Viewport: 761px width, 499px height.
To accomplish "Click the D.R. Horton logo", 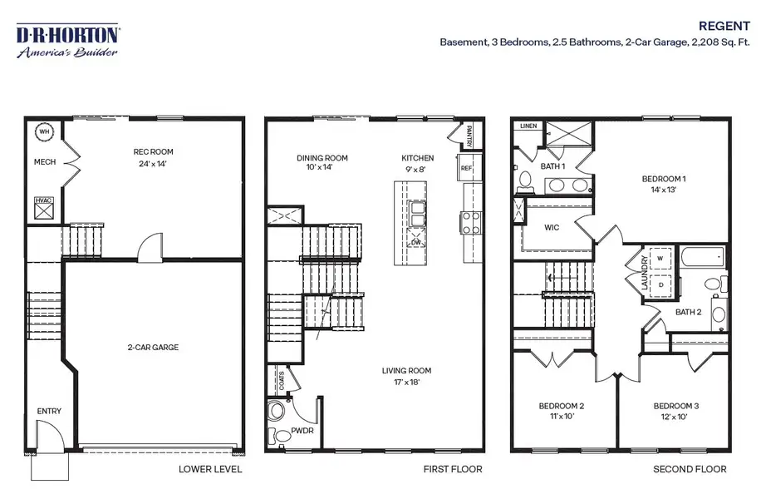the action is click(x=67, y=41).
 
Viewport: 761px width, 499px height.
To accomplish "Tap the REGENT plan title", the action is click(x=724, y=26).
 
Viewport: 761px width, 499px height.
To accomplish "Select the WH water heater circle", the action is click(x=44, y=131).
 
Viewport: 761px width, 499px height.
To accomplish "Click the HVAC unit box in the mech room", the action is click(x=44, y=209).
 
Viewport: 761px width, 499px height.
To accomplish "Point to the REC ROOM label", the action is click(x=154, y=151).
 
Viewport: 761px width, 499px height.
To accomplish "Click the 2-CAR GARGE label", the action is click(x=153, y=347).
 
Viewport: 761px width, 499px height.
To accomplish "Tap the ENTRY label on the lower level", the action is click(x=49, y=411).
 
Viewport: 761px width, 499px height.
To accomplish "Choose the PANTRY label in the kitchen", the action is click(x=469, y=136).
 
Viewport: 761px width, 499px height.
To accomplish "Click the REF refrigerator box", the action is click(x=466, y=167).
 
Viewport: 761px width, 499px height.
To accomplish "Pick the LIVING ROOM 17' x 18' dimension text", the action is click(x=407, y=382).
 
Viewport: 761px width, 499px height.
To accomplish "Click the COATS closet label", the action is click(x=282, y=381).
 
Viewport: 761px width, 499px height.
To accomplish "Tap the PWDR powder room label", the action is click(x=302, y=431).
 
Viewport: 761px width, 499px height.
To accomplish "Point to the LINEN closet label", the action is click(x=528, y=126).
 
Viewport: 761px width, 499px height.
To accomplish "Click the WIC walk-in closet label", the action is click(x=552, y=227).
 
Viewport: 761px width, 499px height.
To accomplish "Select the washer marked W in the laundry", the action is click(x=660, y=259).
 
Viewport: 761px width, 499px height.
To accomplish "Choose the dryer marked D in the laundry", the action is click(x=660, y=284).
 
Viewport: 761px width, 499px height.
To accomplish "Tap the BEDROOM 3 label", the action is click(x=676, y=406).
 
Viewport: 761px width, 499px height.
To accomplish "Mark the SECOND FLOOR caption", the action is click(x=690, y=469).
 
